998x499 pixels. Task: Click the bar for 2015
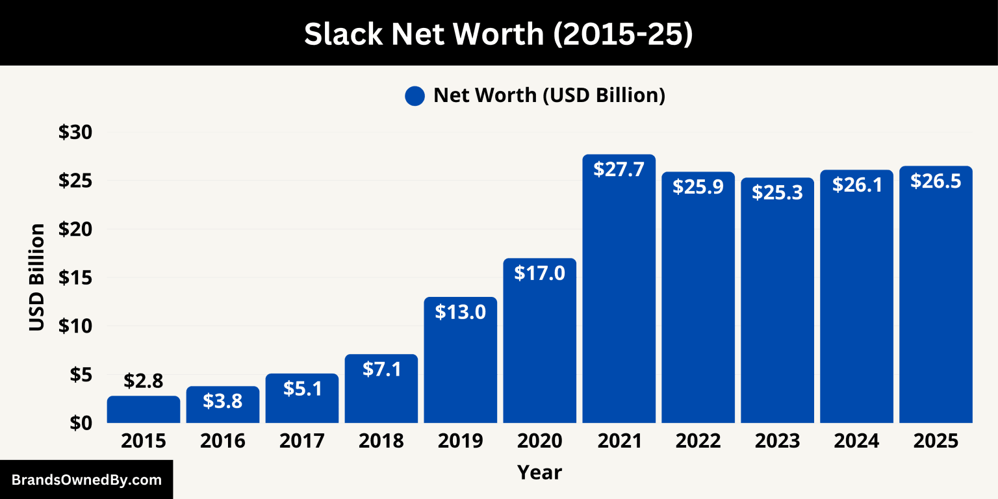point(144,410)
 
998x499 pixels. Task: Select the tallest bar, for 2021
point(619,292)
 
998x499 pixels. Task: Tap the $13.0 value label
point(460,312)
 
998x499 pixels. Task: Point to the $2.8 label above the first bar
point(144,381)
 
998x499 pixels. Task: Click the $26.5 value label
point(936,181)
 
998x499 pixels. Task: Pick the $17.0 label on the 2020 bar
point(539,273)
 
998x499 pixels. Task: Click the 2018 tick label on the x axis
point(381,441)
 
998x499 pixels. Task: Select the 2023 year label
point(777,441)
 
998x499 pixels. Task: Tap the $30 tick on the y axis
point(76,133)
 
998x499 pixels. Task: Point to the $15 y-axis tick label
point(76,277)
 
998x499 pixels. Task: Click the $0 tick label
point(81,422)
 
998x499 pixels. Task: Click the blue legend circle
point(415,96)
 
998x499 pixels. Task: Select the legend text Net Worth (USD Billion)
point(549,96)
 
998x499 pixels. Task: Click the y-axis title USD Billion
point(37,277)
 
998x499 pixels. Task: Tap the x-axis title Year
point(539,472)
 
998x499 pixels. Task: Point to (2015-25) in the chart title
point(622,34)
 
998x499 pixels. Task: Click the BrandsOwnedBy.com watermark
point(86,480)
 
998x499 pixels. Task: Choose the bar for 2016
point(223,405)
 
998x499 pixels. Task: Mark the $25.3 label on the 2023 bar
point(777,192)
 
